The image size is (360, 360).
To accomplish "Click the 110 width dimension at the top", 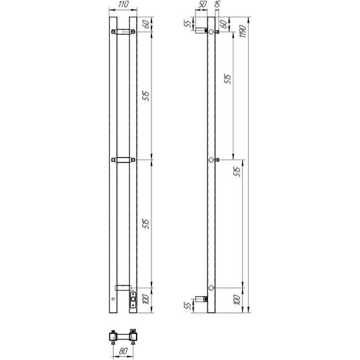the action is click(x=123, y=4).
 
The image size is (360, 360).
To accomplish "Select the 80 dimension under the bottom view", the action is click(x=124, y=351).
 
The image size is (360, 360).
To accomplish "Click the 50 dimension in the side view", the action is click(x=202, y=4).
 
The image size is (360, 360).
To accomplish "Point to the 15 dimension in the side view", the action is click(x=217, y=4).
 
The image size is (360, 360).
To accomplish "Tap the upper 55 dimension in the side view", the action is click(x=188, y=24).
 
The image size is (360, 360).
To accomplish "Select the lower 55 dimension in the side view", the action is click(x=188, y=305).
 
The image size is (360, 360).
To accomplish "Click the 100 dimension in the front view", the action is click(x=146, y=299).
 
